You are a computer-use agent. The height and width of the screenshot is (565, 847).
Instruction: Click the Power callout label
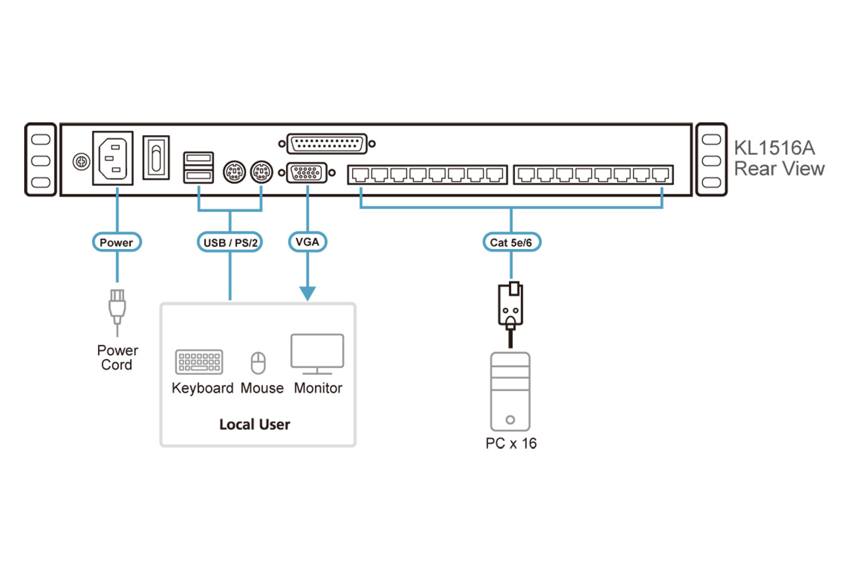point(116,242)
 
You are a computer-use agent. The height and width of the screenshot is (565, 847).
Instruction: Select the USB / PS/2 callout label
point(230,242)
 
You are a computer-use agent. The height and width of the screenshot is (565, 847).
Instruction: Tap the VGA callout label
point(307,242)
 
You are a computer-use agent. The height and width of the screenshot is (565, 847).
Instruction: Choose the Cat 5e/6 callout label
point(511,242)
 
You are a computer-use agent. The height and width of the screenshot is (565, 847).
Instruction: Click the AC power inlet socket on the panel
point(113,158)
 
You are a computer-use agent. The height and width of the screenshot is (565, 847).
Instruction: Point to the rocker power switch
point(156,157)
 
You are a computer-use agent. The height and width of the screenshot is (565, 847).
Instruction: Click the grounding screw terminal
point(81,162)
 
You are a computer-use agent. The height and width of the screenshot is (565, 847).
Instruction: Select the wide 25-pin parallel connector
point(327,144)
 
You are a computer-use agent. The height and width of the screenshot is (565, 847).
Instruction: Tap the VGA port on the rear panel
point(307,173)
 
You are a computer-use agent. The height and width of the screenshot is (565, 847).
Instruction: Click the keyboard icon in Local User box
point(199,362)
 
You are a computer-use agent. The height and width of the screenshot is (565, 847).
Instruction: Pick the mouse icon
point(258,363)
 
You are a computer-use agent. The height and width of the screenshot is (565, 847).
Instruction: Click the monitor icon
point(317,354)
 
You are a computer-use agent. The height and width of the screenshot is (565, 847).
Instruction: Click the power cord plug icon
point(117,307)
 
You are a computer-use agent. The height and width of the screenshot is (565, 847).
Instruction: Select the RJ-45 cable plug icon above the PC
point(511,306)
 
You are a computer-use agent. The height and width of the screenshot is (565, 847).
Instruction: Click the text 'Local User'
point(255,425)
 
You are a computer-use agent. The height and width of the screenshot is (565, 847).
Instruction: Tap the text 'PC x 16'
point(511,443)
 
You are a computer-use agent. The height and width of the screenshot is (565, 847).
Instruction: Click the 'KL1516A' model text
point(774,148)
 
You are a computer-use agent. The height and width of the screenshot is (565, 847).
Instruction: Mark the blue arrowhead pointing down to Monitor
point(307,294)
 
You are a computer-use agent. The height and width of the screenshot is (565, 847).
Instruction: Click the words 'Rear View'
point(779,169)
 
